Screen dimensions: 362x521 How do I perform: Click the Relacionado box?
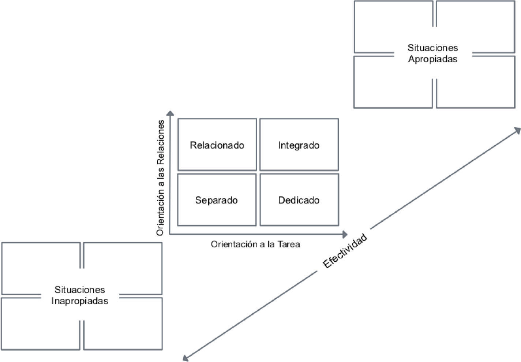click(x=217, y=145)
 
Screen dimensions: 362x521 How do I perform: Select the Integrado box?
click(x=299, y=145)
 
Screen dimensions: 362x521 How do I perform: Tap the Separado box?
click(x=217, y=200)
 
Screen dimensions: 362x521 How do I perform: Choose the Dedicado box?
click(x=299, y=200)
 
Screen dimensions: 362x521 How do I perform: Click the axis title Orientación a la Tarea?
click(x=255, y=244)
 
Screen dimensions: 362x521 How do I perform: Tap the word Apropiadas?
click(x=432, y=59)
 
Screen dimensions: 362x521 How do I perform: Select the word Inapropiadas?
click(x=80, y=301)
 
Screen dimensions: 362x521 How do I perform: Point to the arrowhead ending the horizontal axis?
click(x=344, y=234)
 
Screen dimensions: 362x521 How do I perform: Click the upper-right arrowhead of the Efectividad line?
click(x=517, y=130)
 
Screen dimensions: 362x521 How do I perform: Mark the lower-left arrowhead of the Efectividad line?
click(x=185, y=358)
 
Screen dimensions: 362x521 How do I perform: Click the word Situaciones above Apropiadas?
click(x=432, y=48)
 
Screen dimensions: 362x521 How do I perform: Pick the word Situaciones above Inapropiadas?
click(x=80, y=290)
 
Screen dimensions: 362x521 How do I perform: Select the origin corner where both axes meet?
click(x=170, y=234)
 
